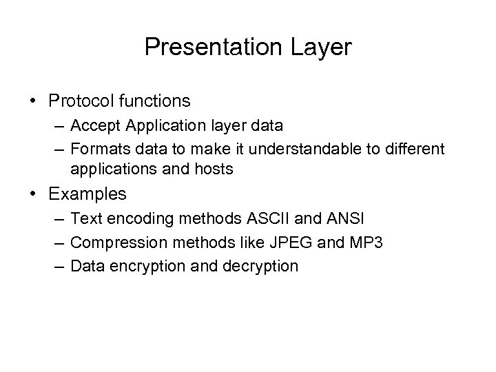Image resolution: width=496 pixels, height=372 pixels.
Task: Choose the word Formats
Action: (x=98, y=148)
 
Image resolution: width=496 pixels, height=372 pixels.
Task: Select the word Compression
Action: (x=113, y=242)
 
